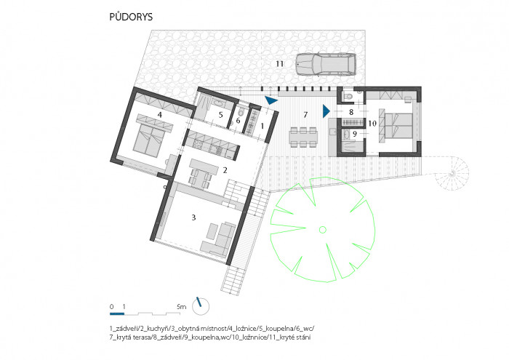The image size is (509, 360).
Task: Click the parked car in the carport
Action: tap(325, 65)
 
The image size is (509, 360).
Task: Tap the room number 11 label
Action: tap(278, 65)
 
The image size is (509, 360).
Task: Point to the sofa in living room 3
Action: tap(222, 236)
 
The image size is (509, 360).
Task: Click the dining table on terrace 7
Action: tap(303, 136)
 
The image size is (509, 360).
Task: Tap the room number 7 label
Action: tap(306, 116)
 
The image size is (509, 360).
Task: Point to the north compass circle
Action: tap(201, 306)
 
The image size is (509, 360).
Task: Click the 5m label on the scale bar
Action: tap(182, 307)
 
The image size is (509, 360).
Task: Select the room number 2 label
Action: tap(226, 169)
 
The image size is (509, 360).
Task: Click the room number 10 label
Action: tap(372, 124)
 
